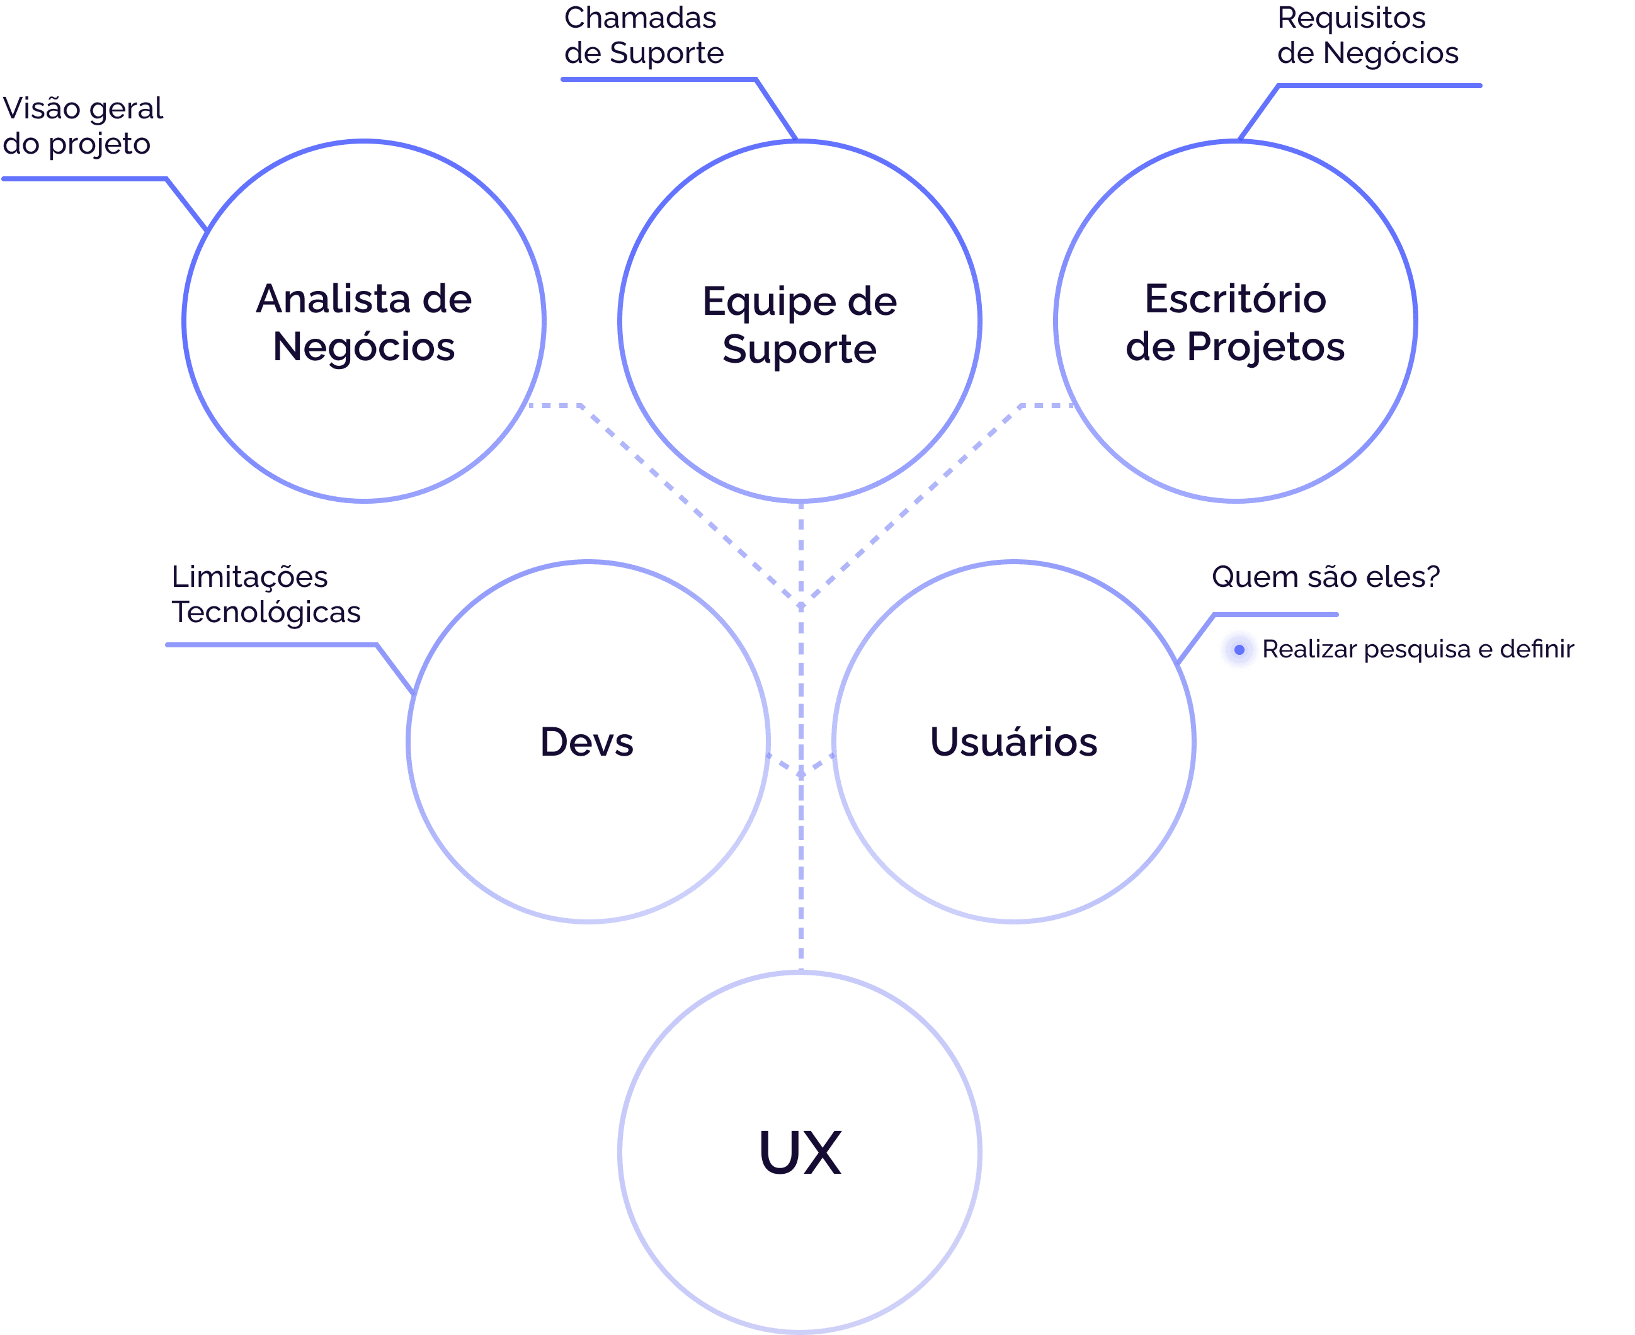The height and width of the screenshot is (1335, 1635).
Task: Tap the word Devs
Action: point(587,742)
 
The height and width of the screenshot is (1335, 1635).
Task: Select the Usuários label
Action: point(1013,742)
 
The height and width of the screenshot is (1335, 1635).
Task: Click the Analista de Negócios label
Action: point(364,322)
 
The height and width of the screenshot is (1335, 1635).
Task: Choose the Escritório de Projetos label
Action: point(1235,322)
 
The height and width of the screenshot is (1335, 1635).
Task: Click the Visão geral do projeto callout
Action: point(83,126)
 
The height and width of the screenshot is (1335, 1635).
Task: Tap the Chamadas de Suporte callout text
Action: point(644,35)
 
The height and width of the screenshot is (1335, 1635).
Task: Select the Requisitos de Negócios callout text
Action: point(1367,35)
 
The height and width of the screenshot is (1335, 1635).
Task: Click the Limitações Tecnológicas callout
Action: point(265,594)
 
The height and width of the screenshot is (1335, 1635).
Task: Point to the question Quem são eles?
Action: point(1325,577)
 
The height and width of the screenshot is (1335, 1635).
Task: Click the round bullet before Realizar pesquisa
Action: point(1239,650)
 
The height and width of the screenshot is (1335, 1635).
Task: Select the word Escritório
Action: point(1235,298)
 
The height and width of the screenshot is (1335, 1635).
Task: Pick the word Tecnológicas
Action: point(265,613)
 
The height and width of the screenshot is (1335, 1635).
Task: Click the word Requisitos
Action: point(1351,18)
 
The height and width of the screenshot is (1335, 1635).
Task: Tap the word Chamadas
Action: point(640,18)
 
